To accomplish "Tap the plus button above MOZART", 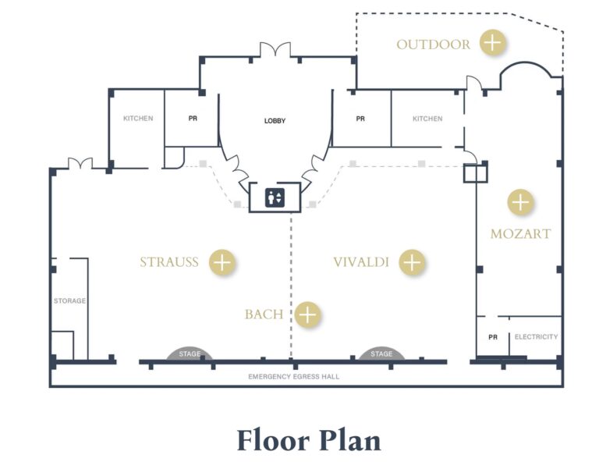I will pos(520,202).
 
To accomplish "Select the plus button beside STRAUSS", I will pos(222,262).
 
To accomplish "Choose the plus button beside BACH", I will pos(309,315).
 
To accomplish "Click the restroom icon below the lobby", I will pos(275,197).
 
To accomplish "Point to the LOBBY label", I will pos(275,121).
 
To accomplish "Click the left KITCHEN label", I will pos(138,119).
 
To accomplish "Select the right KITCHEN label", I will pos(427,119).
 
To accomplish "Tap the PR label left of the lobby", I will pos(193,119).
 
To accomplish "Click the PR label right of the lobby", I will pos(360,119).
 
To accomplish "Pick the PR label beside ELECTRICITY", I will pos(492,337).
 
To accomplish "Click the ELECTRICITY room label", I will pos(536,337).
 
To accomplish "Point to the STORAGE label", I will pos(69,300).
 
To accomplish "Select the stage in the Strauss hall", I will pos(190,354).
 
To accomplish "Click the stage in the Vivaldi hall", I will pos(381,354).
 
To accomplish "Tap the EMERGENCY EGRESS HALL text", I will pos(294,377).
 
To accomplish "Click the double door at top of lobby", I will pos(275,50).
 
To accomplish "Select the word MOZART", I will pos(520,233).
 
